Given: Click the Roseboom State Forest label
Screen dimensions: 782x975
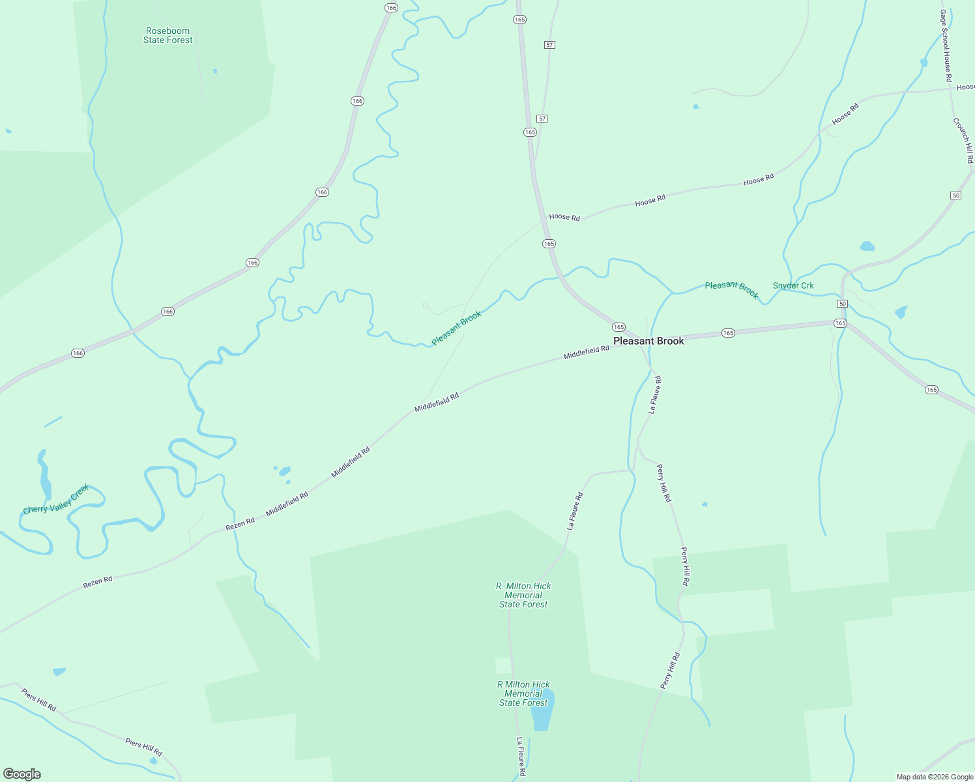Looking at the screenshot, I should click(x=168, y=35).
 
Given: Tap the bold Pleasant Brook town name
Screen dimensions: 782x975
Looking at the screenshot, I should click(x=648, y=341).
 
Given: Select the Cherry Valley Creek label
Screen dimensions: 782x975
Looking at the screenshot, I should click(x=55, y=500).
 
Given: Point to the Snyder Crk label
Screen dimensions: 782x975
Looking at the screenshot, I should click(x=793, y=285).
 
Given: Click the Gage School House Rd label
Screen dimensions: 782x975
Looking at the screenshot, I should click(x=946, y=46).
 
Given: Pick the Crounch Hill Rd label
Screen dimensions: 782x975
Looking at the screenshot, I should click(x=963, y=140).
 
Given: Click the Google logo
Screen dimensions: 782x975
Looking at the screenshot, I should click(x=22, y=774).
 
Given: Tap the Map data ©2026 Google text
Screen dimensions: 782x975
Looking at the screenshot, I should click(x=935, y=777).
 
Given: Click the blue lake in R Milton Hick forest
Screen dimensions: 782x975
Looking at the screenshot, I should click(x=542, y=714).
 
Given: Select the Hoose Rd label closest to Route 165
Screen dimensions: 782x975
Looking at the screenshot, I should click(x=564, y=217).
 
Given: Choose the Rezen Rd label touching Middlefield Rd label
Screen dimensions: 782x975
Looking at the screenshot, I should click(x=240, y=524).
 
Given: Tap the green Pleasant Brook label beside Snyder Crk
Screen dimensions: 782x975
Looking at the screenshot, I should click(x=732, y=289).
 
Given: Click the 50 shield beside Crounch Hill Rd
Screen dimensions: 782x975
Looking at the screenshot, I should click(x=955, y=195).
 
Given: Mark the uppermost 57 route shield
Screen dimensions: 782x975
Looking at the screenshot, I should click(x=550, y=44).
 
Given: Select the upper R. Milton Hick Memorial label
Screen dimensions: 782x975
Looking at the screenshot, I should click(x=523, y=595).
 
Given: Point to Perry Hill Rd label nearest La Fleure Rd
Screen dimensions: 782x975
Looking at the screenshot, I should click(x=663, y=483).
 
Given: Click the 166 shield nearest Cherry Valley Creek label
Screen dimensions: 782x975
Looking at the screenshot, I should click(x=78, y=353).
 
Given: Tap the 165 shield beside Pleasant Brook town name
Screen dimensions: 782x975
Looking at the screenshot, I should click(x=618, y=327).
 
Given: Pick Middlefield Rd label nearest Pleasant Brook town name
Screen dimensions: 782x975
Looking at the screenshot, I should click(x=587, y=352).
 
